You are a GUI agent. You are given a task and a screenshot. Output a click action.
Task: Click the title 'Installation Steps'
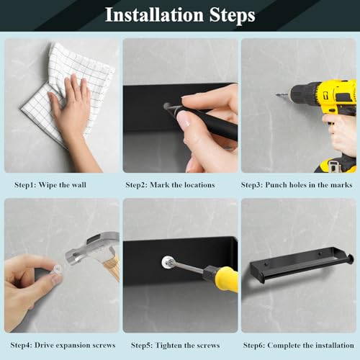(x=180, y=15)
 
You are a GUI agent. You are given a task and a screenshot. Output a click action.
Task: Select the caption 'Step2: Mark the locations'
(x=170, y=184)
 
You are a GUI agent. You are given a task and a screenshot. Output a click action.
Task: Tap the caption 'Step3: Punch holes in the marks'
(x=298, y=184)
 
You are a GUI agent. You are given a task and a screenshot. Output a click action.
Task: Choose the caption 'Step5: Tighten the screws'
(x=171, y=345)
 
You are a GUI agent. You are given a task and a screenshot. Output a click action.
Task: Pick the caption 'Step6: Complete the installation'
(x=298, y=345)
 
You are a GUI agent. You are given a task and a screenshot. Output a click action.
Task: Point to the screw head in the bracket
(x=168, y=263)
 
